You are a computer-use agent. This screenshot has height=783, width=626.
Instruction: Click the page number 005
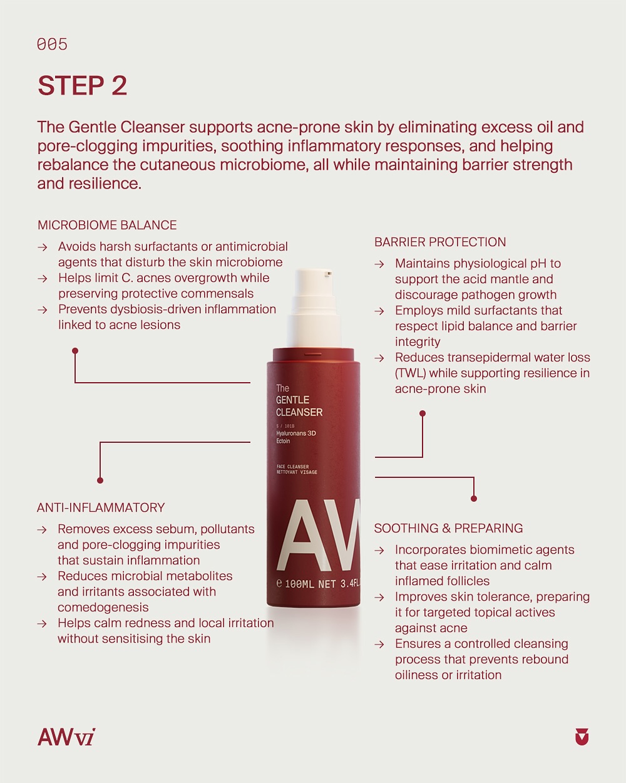coord(52,44)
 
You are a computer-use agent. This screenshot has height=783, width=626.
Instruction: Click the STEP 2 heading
coord(82,86)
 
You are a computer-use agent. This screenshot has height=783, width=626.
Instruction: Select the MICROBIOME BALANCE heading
coord(107,225)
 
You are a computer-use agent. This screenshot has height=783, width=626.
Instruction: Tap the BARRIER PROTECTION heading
coord(440,242)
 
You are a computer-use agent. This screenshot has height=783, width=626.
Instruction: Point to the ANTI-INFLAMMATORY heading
coord(101,507)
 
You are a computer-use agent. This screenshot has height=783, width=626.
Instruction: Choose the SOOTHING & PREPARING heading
coord(448,528)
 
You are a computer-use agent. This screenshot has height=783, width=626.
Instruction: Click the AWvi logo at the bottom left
coord(66,737)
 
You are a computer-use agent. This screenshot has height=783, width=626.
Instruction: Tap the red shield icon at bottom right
coord(582,737)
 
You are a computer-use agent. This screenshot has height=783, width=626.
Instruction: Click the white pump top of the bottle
coord(314,308)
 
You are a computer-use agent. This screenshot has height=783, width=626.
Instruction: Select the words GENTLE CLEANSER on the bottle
coord(299,406)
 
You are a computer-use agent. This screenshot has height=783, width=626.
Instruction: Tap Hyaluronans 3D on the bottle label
coord(295,433)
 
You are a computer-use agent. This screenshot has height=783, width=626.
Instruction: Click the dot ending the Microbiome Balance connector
coord(75,351)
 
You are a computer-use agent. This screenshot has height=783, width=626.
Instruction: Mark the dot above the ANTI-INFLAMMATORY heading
coord(100,480)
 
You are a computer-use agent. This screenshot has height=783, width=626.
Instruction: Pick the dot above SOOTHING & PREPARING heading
coord(474,499)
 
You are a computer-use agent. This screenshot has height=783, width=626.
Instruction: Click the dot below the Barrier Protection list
coord(423,413)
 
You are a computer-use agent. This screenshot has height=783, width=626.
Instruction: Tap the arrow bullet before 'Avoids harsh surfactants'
coord(43,247)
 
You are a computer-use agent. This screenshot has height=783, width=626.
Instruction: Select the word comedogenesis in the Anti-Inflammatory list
coord(103,607)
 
